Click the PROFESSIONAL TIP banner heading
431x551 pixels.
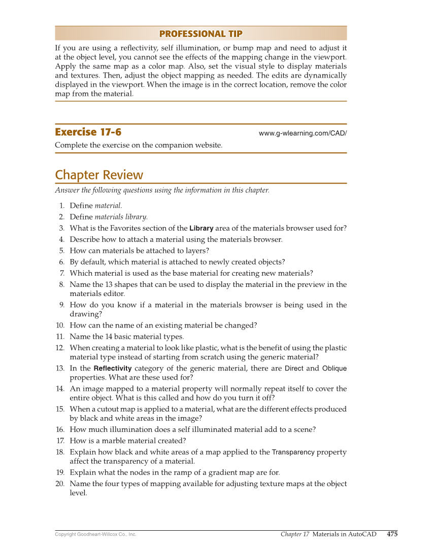[x=201, y=34]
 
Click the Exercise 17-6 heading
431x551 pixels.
[x=88, y=132]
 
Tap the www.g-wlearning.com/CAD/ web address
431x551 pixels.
[x=303, y=133]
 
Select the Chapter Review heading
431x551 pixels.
[x=99, y=175]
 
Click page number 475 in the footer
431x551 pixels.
[x=392, y=534]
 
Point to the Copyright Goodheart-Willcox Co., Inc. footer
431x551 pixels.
[x=95, y=534]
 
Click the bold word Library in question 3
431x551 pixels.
[x=201, y=228]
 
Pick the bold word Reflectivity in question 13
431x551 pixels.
[x=113, y=369]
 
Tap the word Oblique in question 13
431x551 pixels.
[x=335, y=369]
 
